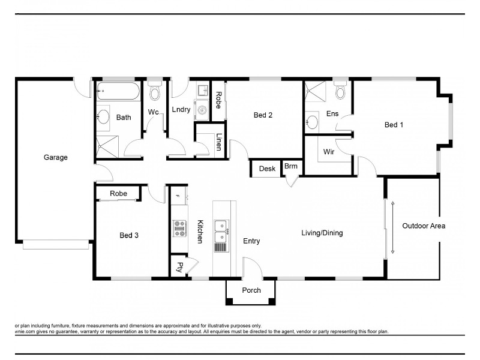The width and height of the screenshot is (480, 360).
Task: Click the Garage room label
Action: pyautogui.click(x=55, y=158)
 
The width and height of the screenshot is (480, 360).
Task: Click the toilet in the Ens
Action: pyautogui.click(x=341, y=91)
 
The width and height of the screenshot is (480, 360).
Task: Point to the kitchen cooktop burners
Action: pyautogui.click(x=179, y=226)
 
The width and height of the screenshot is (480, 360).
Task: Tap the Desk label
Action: pyautogui.click(x=267, y=169)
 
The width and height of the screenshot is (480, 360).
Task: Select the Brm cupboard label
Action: pyautogui.click(x=291, y=166)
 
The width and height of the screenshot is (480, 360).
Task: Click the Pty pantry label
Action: pyautogui.click(x=179, y=268)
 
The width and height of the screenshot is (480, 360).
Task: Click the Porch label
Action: pyautogui.click(x=251, y=290)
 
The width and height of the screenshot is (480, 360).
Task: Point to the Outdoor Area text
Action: pyautogui.click(x=424, y=226)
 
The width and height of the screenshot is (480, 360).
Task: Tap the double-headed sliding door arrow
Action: pyautogui.click(x=392, y=228)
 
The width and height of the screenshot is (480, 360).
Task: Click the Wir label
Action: pyautogui.click(x=329, y=151)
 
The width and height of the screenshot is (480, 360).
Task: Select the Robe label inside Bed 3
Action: pyautogui.click(x=118, y=194)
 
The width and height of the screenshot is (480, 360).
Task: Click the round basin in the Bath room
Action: pyautogui.click(x=103, y=117)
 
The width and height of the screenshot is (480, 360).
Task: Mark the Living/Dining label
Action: pyautogui.click(x=322, y=233)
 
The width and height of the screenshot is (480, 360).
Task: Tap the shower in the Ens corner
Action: pyautogui.click(x=313, y=93)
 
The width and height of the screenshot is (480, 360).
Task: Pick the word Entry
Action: pyautogui.click(x=251, y=241)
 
